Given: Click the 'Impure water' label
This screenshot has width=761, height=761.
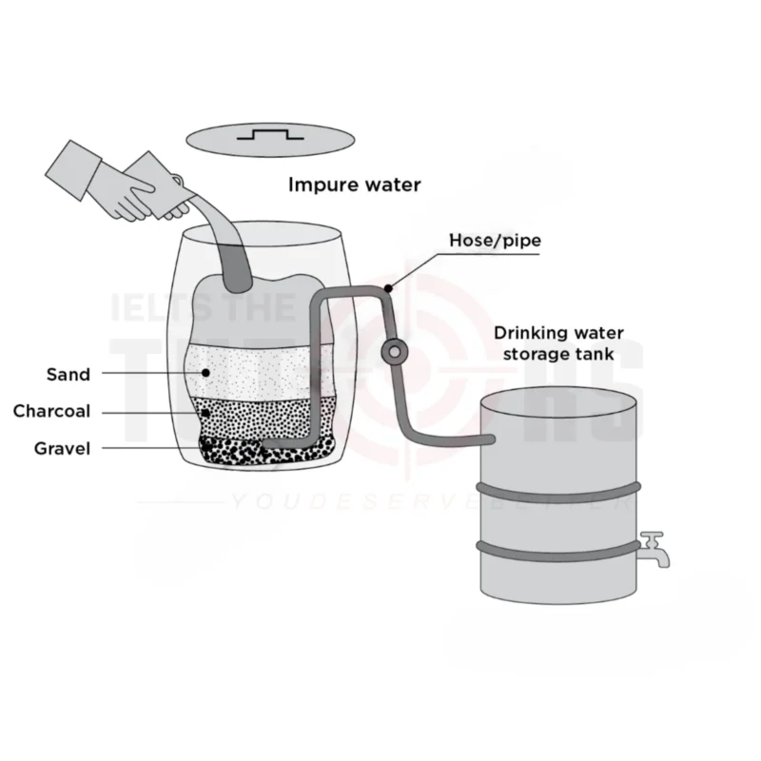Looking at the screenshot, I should pyautogui.click(x=354, y=184).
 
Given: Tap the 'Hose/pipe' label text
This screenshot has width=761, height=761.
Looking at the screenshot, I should pyautogui.click(x=495, y=241).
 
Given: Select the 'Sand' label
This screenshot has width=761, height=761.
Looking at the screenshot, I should pyautogui.click(x=68, y=374).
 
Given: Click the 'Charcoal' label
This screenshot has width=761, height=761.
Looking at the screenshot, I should pyautogui.click(x=51, y=411).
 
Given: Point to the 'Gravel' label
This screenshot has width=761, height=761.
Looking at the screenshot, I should pyautogui.click(x=62, y=447).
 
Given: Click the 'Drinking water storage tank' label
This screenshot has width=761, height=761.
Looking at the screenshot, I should pyautogui.click(x=558, y=343).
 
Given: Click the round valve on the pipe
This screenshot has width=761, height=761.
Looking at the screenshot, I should pyautogui.click(x=392, y=353).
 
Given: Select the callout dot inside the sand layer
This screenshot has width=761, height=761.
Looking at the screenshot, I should pyautogui.click(x=205, y=374).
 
